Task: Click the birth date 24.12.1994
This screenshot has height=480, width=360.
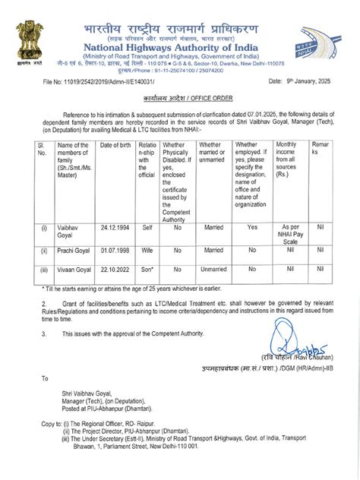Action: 115,226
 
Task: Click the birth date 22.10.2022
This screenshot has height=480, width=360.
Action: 115,268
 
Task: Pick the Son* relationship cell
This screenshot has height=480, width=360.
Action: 147,268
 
